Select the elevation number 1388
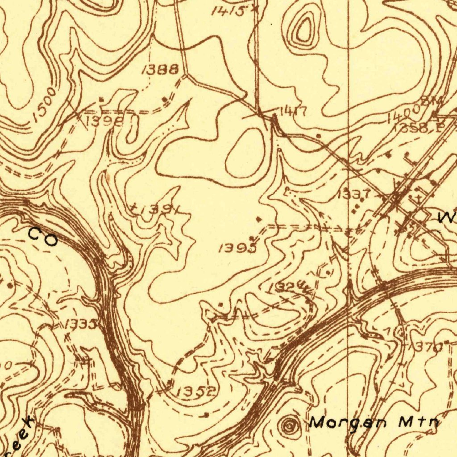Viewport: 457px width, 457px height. point(160,69)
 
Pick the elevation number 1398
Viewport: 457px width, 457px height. point(103,121)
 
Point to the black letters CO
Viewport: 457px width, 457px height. point(43,237)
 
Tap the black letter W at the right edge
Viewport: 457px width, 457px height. point(447,218)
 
